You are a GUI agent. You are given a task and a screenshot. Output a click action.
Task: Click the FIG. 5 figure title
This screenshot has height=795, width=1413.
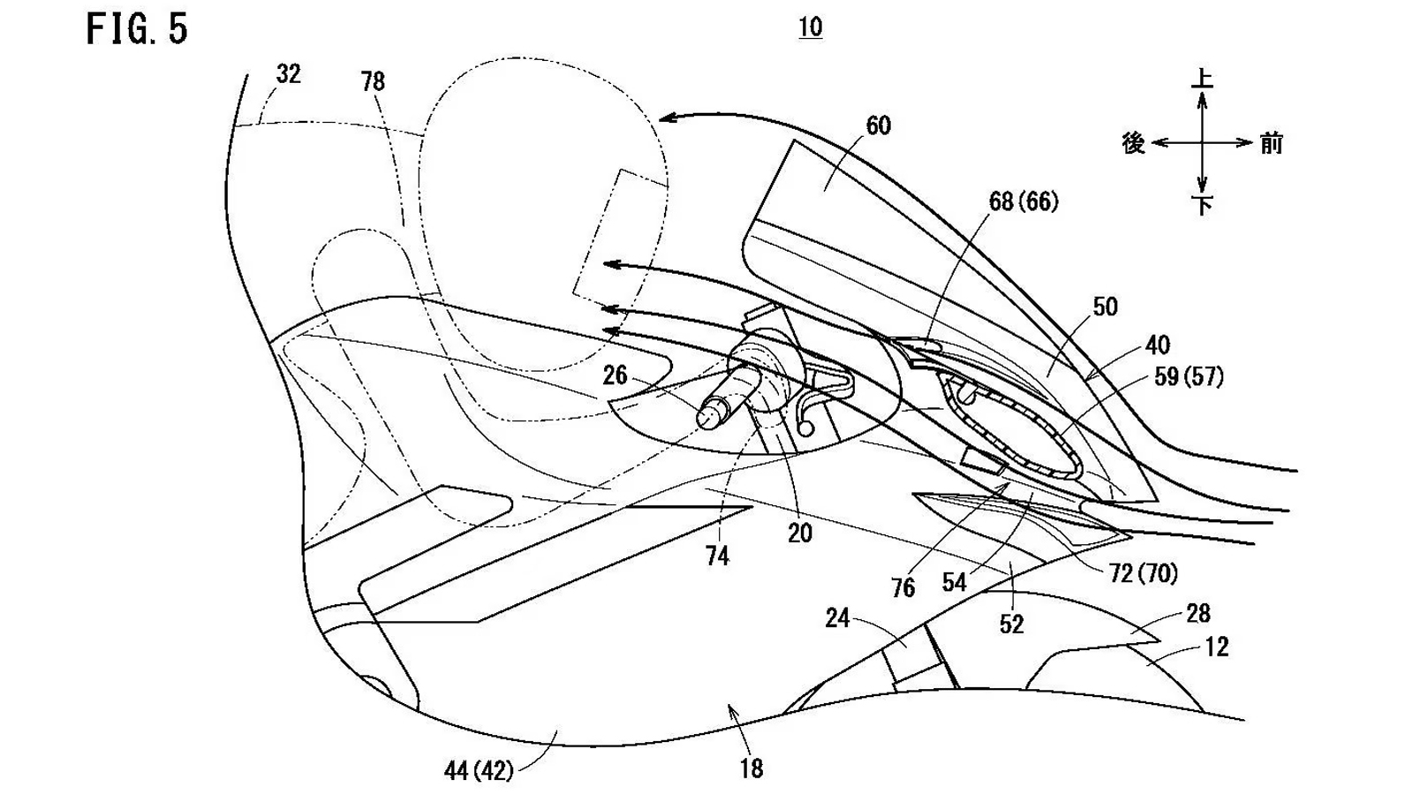point(137,30)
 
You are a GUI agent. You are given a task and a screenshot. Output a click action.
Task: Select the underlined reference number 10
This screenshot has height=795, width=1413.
point(810,27)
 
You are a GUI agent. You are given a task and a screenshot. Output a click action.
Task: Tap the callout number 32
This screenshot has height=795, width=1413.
point(289,74)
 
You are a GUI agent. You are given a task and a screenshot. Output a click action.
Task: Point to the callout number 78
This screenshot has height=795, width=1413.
point(373,82)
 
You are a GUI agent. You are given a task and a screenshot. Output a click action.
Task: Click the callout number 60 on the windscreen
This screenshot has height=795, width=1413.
point(878,126)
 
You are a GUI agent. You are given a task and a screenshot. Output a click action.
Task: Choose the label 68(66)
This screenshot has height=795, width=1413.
point(1023,201)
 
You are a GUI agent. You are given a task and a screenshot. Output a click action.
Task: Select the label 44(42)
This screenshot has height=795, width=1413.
point(478,771)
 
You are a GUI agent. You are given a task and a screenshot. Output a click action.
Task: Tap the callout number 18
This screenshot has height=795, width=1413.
point(752,768)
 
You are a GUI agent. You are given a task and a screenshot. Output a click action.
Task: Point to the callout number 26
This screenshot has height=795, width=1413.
point(615,375)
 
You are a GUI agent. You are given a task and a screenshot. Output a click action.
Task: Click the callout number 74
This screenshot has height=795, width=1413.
point(717,556)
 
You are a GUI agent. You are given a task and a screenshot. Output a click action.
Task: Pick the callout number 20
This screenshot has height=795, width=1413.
point(799,533)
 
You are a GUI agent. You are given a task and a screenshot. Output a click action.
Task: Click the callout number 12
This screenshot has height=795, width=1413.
point(1216,647)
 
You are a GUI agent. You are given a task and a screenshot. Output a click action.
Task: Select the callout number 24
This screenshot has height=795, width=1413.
point(837,617)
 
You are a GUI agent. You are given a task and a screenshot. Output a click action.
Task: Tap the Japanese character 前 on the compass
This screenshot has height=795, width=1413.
point(1271,143)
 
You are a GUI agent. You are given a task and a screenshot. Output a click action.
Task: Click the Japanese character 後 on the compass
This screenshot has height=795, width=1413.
point(1133,143)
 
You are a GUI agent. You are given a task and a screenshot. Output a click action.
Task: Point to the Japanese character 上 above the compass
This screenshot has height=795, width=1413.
point(1202,78)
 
